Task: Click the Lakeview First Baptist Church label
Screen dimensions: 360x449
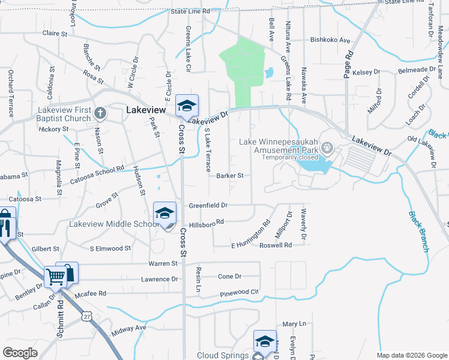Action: [63, 114]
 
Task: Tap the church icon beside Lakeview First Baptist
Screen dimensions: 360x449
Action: [100, 113]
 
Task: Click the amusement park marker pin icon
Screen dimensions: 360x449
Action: [327, 147]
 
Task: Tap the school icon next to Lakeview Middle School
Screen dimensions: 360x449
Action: [164, 213]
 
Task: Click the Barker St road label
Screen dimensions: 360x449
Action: [230, 176]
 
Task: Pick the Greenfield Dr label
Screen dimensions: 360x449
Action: [208, 205]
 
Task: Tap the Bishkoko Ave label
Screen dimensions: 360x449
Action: [330, 40]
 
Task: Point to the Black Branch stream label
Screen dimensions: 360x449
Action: [419, 231]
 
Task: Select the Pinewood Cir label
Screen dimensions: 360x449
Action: [239, 293]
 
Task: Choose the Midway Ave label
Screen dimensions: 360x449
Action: [128, 328]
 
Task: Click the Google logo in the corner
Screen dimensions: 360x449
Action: [20, 353]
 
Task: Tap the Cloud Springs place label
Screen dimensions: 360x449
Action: [223, 355]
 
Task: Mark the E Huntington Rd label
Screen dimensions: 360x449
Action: [250, 238]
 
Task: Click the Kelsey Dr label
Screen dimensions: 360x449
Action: [367, 72]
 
